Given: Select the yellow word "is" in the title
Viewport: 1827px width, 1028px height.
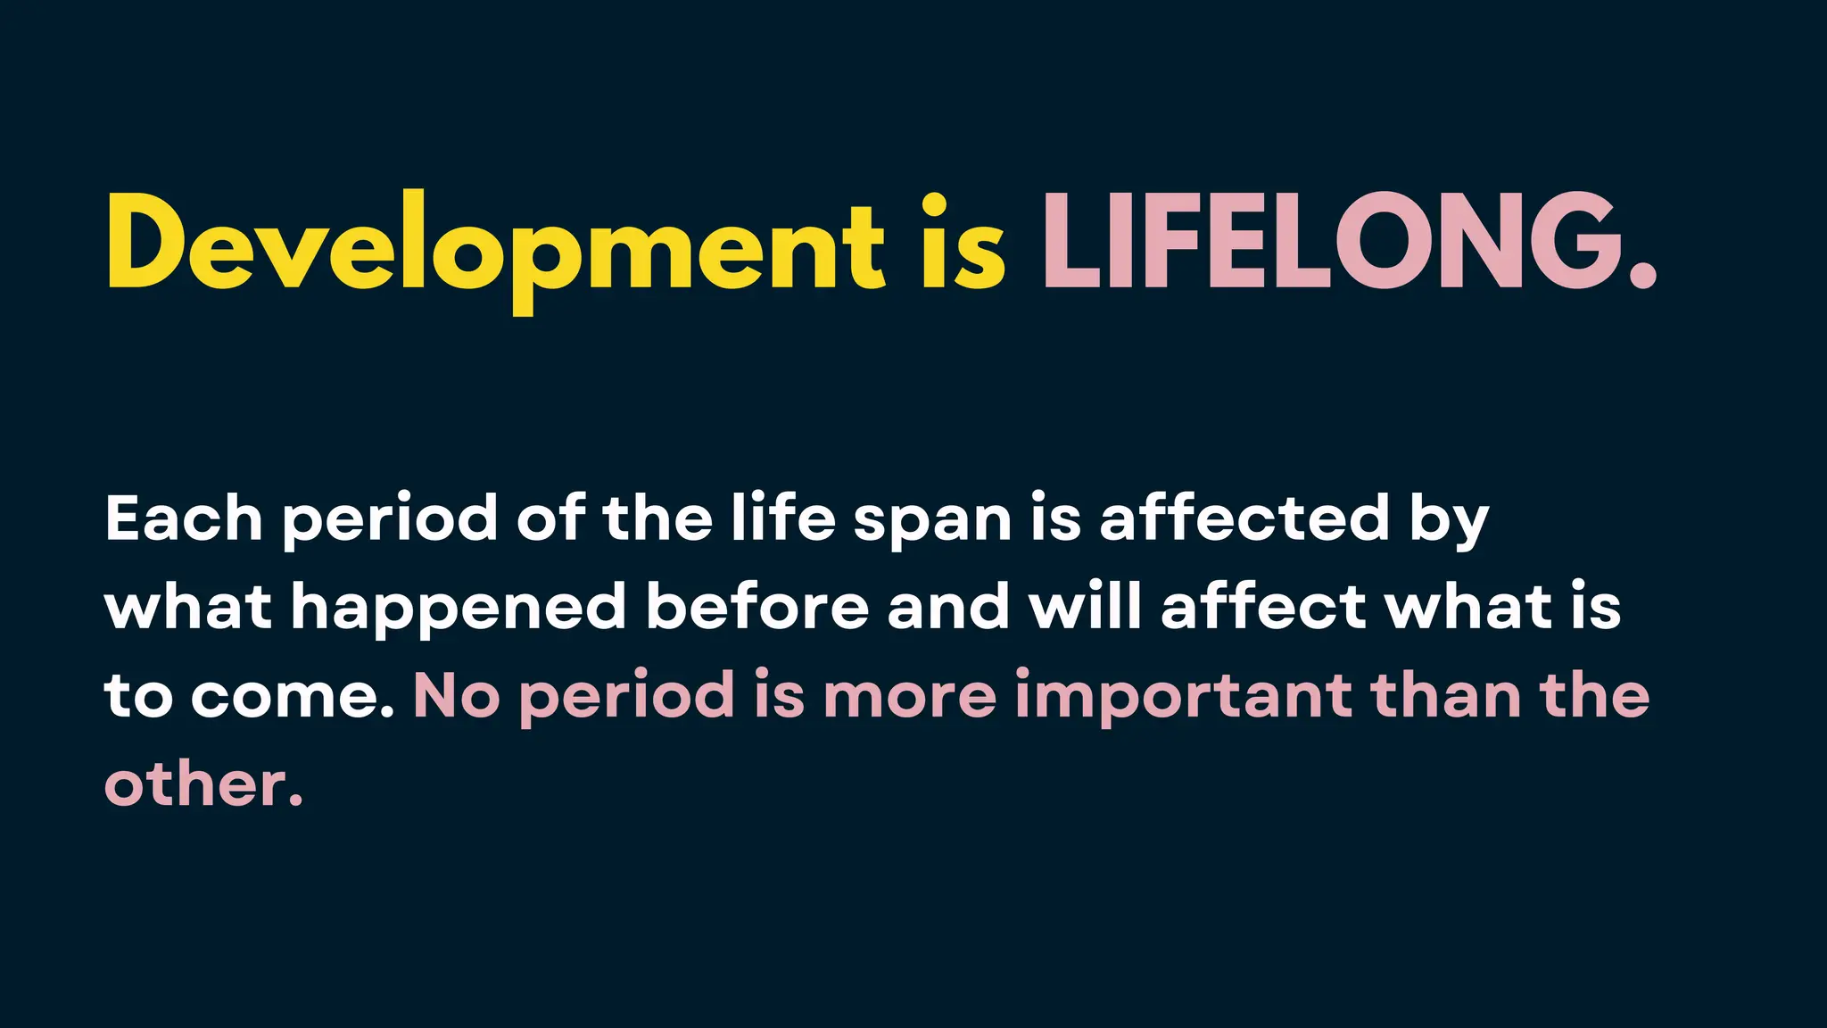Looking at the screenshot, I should point(963,243).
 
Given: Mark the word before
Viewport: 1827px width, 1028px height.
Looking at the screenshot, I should point(757,607).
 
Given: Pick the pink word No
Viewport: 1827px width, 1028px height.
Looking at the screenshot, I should point(456,696).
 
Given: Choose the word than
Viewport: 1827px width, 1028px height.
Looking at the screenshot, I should point(1446,696).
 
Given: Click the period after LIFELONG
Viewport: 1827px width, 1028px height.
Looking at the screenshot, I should point(1642,278).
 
